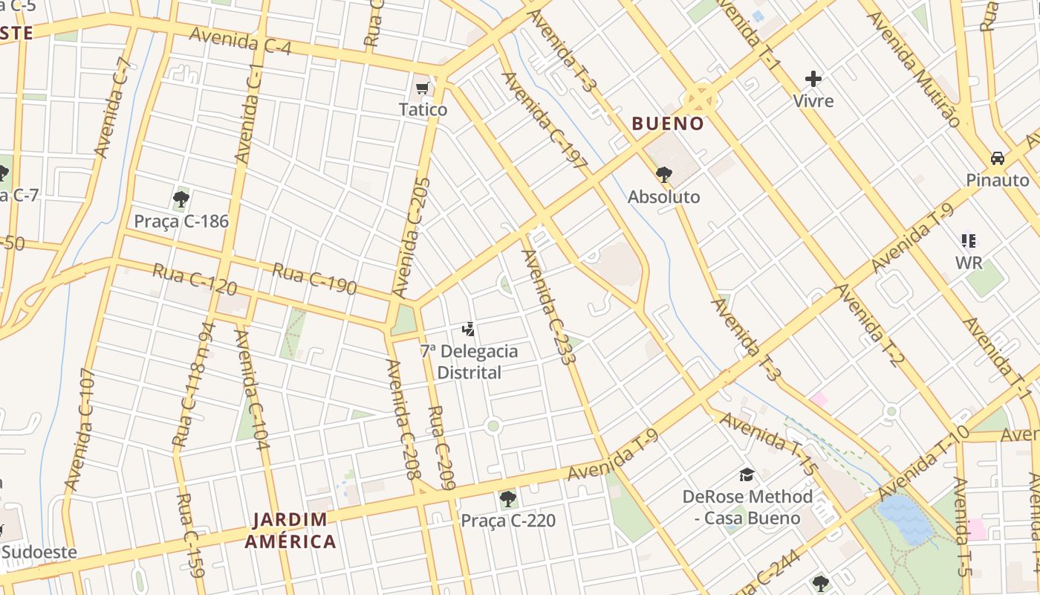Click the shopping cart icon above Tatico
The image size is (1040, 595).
point(423,89)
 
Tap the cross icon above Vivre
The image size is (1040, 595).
point(813,78)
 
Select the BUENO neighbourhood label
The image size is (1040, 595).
point(668,123)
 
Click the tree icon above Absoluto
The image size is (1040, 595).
point(663,175)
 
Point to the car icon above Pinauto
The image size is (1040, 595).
point(998,158)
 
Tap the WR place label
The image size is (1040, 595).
point(969,263)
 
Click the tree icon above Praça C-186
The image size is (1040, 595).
point(181,199)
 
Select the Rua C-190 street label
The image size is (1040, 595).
point(313,278)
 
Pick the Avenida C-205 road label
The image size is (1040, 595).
point(413,237)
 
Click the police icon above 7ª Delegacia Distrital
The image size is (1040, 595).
point(468,329)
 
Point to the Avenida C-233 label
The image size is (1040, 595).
point(549,307)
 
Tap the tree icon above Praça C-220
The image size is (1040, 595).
point(508,498)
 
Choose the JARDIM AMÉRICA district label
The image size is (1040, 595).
point(290,530)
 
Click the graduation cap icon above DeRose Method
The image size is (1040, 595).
point(747,474)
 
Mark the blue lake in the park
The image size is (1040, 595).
point(905,519)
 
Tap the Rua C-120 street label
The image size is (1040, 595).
point(195,279)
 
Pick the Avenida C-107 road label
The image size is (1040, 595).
point(80,429)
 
